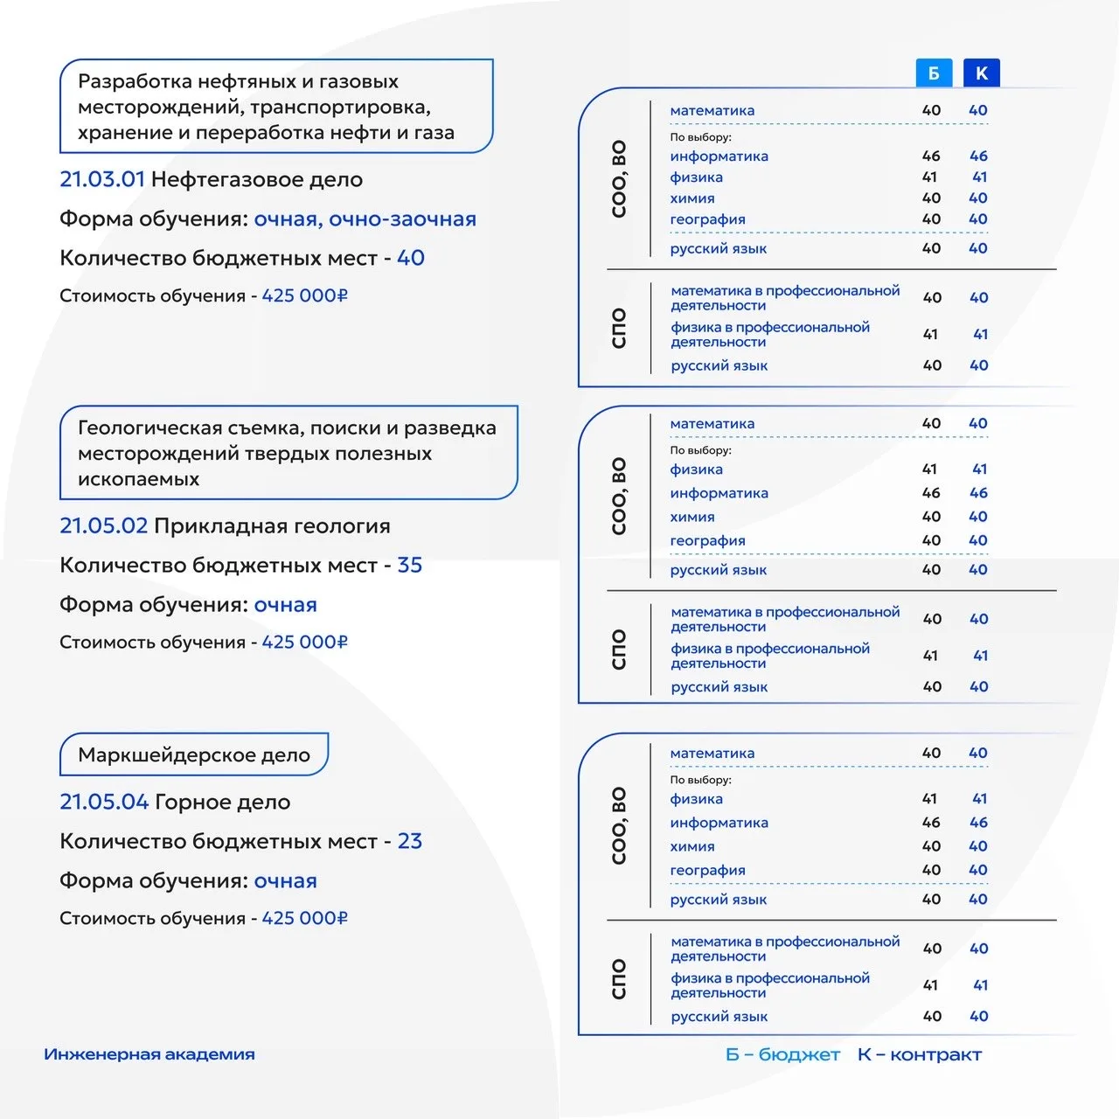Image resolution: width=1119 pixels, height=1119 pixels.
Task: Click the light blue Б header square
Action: (933, 73)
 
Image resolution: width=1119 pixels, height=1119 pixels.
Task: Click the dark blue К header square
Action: (981, 73)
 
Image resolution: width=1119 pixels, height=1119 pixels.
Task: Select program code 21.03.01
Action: (101, 179)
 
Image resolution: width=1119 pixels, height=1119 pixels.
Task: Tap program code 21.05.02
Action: (103, 525)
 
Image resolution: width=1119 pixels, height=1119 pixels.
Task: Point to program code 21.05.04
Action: (103, 802)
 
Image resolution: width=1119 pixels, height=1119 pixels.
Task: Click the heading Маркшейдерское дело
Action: (193, 754)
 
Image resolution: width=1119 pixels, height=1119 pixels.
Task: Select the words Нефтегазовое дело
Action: (256, 179)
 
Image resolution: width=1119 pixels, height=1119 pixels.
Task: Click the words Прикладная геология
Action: (272, 525)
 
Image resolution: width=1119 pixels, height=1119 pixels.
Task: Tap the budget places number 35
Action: (409, 565)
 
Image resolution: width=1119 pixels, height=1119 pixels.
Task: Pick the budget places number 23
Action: (409, 841)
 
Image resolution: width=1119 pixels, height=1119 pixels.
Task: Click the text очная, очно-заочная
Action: (365, 219)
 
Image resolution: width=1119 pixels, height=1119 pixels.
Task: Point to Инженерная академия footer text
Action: (149, 1054)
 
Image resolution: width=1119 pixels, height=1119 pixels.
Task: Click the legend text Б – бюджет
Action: (782, 1055)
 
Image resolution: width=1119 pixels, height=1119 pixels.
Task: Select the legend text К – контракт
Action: (919, 1055)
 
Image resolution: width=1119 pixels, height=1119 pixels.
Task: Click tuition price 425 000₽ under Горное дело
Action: (304, 918)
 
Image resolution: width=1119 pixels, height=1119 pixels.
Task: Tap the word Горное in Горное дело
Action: (191, 802)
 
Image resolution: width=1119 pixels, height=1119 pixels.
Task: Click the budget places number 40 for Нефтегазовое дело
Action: (410, 258)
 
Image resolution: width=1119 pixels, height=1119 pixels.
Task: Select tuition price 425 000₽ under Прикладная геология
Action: (304, 642)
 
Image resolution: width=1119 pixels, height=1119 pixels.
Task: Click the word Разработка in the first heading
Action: (135, 81)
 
